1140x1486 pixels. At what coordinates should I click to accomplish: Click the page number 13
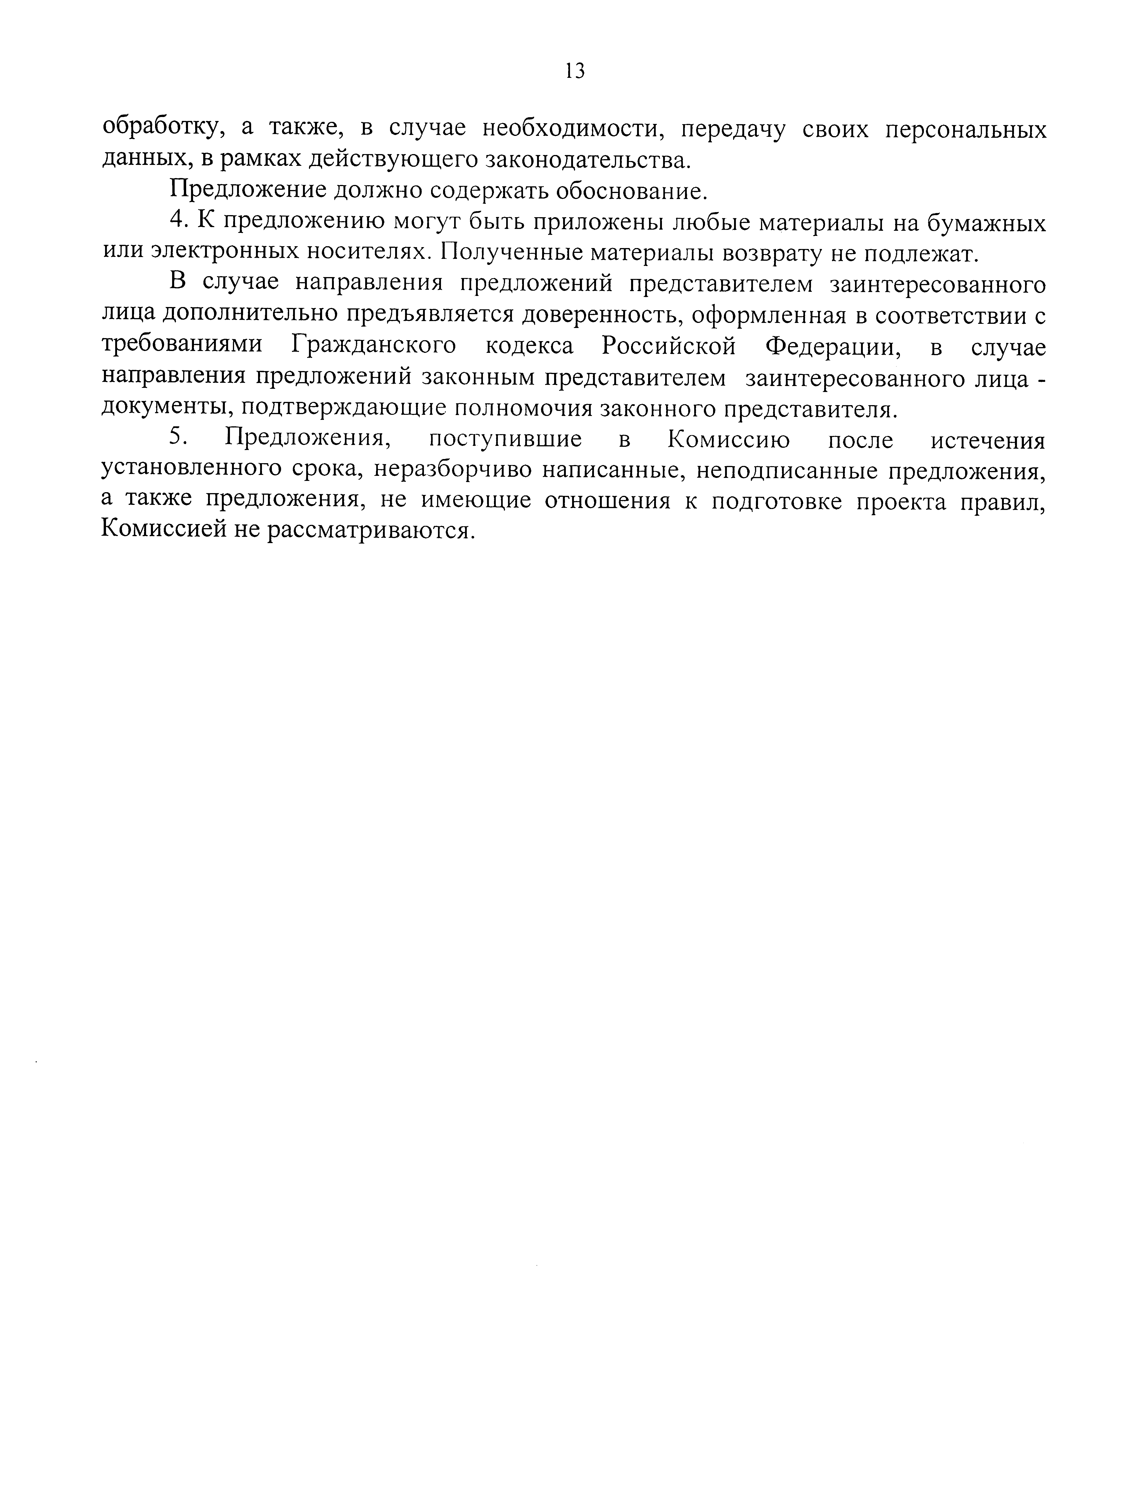pos(574,70)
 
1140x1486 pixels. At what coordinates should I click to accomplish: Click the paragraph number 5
pos(176,438)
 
